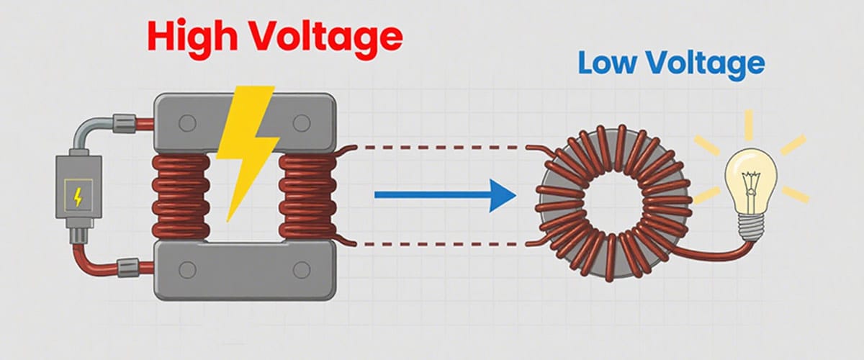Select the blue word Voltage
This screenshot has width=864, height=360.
pos(706,65)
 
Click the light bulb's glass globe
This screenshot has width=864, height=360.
pos(750,173)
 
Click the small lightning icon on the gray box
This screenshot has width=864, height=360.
pos(77,196)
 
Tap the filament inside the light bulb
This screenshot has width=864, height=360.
pos(749,176)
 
